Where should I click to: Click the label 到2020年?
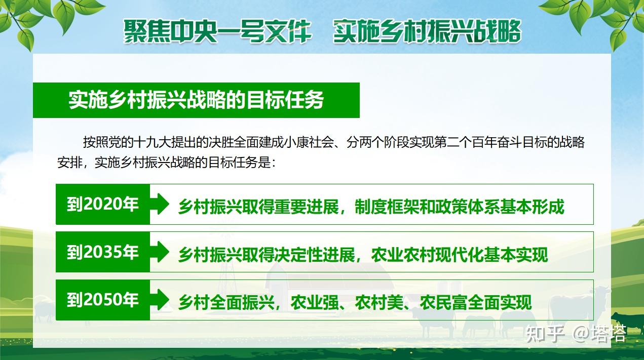point(103,204)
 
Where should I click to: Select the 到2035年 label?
point(103,252)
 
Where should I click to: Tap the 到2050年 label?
point(103,300)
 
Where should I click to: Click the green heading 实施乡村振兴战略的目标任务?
point(197,100)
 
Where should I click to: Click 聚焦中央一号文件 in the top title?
point(218,31)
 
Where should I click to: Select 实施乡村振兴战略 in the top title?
point(427,31)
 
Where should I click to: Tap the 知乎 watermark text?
point(545,334)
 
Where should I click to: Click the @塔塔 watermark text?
point(599,334)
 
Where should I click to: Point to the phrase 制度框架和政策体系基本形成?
point(460,207)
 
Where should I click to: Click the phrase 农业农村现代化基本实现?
point(460,255)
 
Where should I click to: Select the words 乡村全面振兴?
point(226,303)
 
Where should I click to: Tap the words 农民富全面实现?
point(476,303)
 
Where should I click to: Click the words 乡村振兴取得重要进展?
point(258,207)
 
